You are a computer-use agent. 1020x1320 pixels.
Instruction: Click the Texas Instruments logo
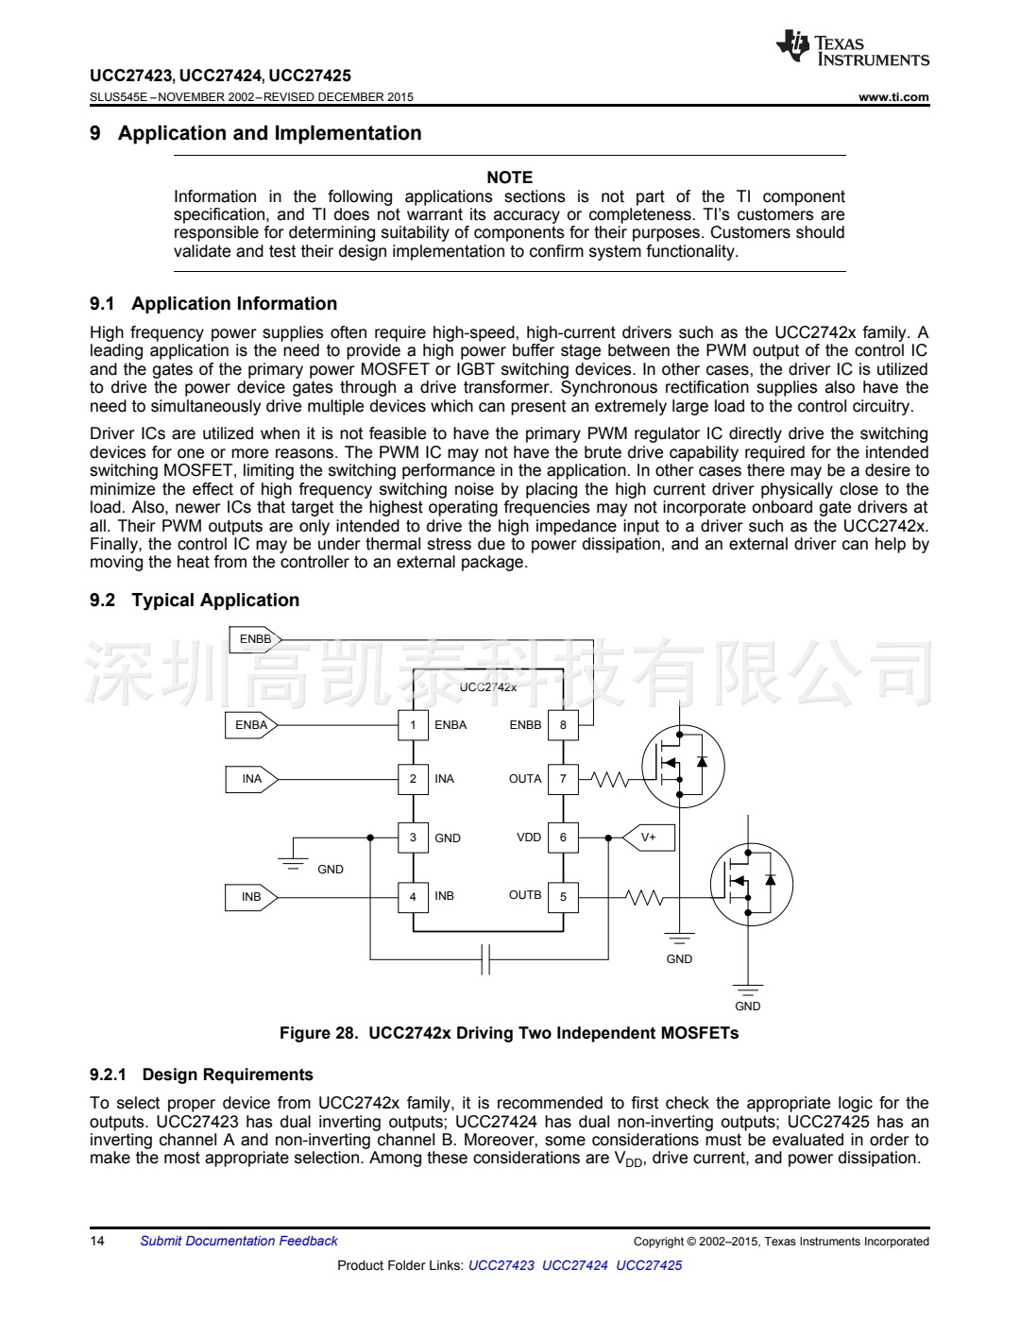(852, 48)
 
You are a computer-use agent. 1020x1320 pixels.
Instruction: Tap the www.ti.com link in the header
(893, 97)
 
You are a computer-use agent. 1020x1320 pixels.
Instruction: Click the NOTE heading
(509, 178)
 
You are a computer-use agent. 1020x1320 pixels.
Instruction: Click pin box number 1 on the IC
(413, 725)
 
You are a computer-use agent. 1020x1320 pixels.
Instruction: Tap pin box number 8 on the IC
(563, 725)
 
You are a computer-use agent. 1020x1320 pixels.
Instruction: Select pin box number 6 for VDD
(563, 838)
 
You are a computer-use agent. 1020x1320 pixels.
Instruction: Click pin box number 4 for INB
(413, 896)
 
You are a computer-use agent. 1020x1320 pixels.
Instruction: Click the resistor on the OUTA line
(609, 780)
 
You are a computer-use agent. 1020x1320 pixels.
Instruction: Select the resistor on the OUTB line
(645, 897)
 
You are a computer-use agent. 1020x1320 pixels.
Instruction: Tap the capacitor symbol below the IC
(485, 959)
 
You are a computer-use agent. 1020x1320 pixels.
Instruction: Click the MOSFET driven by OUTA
(683, 766)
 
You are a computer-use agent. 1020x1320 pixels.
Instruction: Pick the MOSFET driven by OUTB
(751, 885)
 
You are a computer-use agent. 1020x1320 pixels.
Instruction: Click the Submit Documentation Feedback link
(239, 1242)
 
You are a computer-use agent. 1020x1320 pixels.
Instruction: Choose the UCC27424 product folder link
(574, 1266)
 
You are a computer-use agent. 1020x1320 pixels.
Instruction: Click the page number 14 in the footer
(97, 1242)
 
